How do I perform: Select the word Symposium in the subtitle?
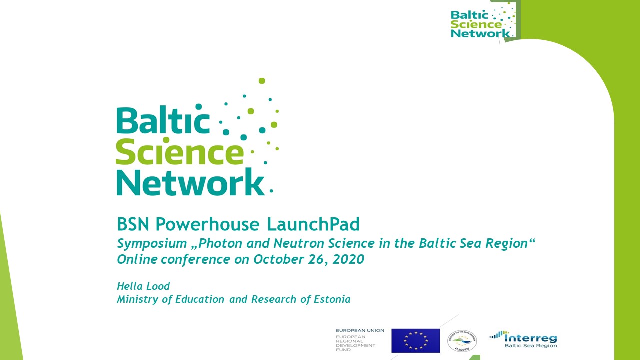146,244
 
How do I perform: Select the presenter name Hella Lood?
143,286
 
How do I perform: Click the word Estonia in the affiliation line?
332,299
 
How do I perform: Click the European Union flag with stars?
415,340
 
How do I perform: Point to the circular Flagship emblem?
462,340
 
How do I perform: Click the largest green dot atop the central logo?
261,81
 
